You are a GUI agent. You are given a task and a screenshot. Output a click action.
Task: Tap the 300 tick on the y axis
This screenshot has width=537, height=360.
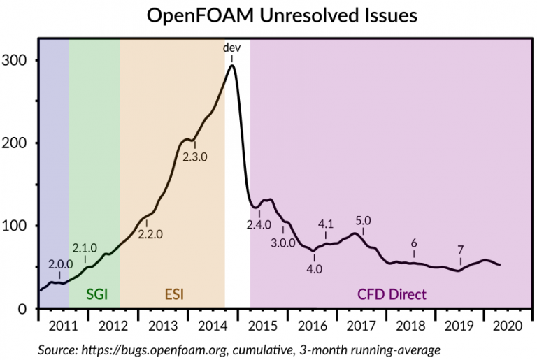(17, 60)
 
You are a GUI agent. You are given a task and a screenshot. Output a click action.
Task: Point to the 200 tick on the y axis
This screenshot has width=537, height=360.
(17, 143)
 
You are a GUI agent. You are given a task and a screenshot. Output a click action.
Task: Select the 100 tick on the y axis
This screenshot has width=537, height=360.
(17, 226)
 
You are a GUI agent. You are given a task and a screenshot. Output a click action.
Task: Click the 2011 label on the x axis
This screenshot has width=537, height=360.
(64, 326)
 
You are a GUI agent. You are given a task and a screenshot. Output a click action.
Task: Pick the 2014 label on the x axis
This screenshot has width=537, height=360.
(210, 326)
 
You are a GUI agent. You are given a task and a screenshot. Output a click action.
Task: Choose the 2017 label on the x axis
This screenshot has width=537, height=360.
(357, 326)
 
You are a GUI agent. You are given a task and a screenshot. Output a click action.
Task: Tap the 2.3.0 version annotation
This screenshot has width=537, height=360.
(195, 157)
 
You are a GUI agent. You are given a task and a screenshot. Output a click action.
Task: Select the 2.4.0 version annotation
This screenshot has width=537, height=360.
(259, 224)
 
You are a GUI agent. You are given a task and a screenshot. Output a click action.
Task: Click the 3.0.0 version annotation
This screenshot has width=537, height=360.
(283, 242)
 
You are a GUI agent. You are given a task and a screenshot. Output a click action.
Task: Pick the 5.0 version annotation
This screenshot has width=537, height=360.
(363, 221)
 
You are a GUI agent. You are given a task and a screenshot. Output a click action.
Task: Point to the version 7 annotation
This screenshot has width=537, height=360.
(461, 249)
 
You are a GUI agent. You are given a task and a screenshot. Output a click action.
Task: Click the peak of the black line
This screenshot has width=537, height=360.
(231, 65)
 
